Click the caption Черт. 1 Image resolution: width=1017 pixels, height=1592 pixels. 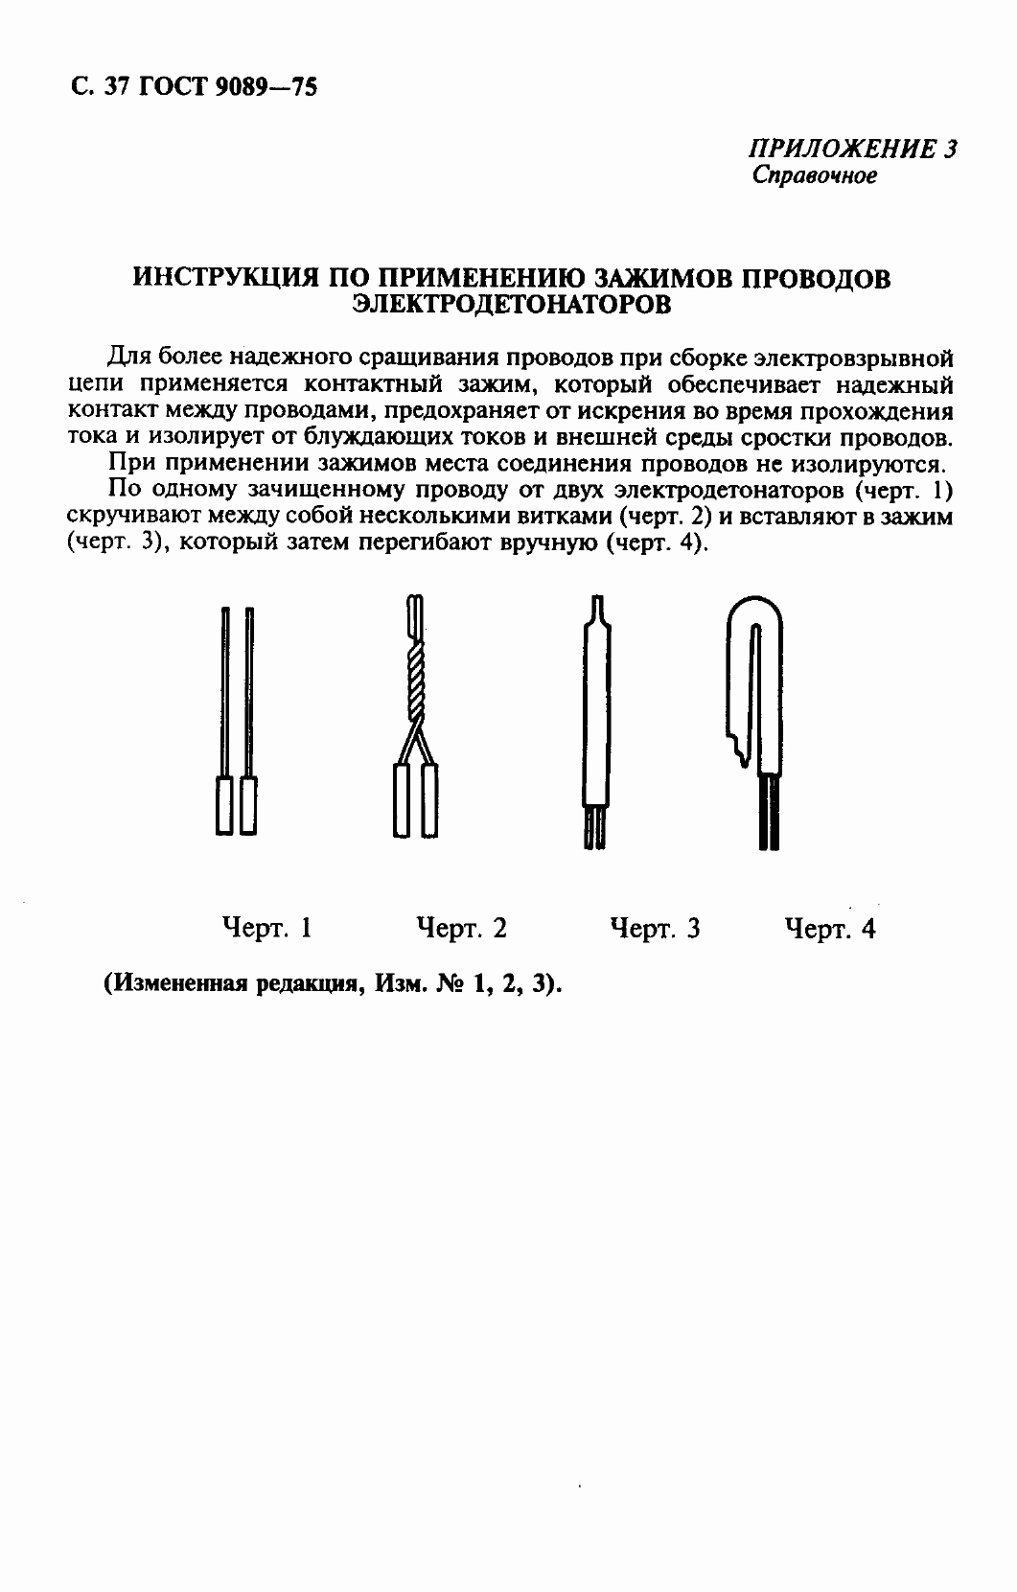coord(266,928)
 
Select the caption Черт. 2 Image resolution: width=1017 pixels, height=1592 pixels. coord(461,928)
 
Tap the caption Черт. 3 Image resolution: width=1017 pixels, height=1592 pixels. coord(655,928)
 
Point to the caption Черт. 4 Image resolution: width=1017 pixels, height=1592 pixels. coord(829,928)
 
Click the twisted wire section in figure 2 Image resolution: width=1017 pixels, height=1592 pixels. coord(414,685)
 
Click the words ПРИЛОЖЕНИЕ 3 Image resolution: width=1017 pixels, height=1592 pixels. coord(852,150)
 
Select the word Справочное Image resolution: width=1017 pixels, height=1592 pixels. coord(814,176)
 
